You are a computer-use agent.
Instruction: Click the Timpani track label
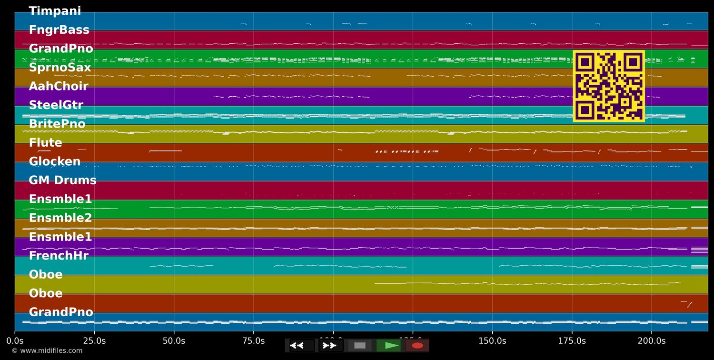click(55, 11)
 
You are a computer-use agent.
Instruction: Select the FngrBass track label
click(59, 30)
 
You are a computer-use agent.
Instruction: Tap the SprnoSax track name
click(59, 68)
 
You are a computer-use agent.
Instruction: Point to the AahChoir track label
click(59, 86)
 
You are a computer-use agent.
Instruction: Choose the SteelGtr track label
click(56, 105)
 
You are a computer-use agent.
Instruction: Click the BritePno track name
click(57, 124)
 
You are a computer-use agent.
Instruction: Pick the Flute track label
click(45, 143)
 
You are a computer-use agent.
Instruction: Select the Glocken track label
click(55, 162)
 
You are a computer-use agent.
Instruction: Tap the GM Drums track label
click(62, 180)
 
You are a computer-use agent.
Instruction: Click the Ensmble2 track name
click(60, 218)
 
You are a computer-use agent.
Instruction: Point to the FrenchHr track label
click(59, 256)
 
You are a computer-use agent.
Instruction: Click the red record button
click(417, 345)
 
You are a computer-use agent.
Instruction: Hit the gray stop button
click(360, 345)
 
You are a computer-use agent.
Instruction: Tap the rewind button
click(297, 345)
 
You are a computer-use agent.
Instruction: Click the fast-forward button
click(329, 345)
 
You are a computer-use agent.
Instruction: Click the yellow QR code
click(609, 86)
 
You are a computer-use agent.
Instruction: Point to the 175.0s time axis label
click(572, 341)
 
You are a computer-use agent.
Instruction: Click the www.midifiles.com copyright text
click(47, 351)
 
